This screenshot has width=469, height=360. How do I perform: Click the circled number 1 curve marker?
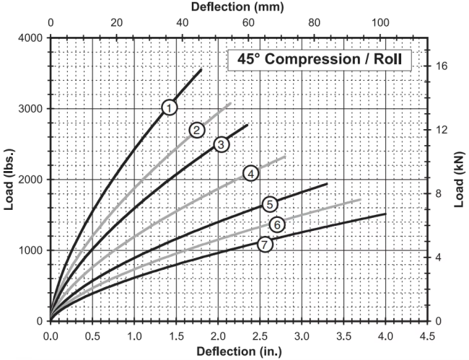(x=170, y=107)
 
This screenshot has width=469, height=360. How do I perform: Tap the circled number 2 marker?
(x=196, y=130)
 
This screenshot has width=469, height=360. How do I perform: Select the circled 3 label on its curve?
(x=222, y=144)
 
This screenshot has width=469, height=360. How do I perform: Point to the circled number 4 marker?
(x=250, y=173)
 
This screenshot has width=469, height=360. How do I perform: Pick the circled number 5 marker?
(x=269, y=204)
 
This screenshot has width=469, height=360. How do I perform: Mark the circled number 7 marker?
(x=266, y=244)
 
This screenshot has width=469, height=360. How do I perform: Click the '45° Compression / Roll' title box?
(x=319, y=59)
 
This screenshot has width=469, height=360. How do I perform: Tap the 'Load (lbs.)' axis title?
(x=9, y=179)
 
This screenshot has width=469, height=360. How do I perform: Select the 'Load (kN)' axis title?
(x=460, y=179)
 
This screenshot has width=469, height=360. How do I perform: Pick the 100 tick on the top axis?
(x=380, y=22)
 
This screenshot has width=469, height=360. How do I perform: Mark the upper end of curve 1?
(x=201, y=69)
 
